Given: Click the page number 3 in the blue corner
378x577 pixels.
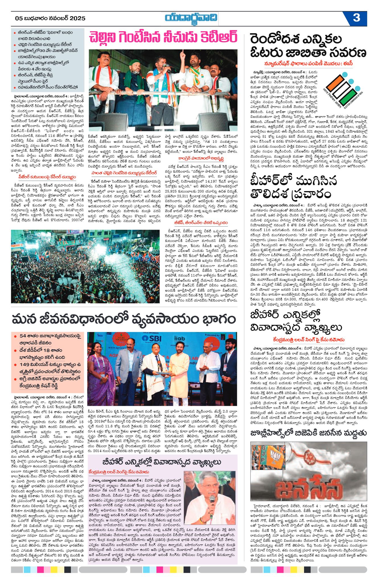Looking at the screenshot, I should (356, 18).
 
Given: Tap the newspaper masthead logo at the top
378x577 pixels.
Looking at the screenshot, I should (191, 19).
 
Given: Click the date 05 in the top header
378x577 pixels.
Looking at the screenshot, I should (19, 18).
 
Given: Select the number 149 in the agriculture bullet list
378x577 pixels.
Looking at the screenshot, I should (25, 365).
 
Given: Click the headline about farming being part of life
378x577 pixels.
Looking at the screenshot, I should (124, 319).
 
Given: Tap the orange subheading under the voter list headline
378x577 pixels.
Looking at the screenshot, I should (308, 63).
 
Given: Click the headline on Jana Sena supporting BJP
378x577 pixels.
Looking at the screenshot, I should (308, 433).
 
